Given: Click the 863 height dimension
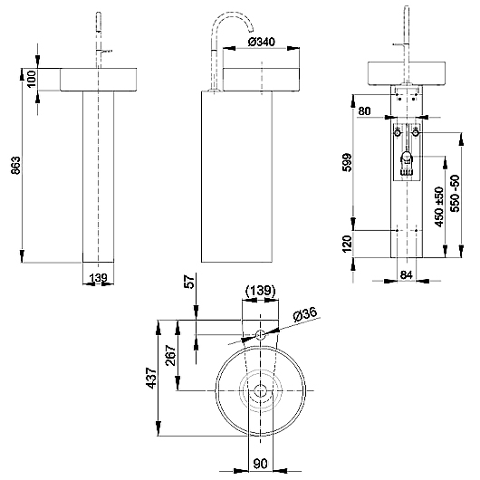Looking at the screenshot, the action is tap(15, 166).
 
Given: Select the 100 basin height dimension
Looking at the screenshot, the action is tap(32, 79).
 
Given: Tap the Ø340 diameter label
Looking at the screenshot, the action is tap(261, 42).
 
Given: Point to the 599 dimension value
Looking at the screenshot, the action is tap(347, 162).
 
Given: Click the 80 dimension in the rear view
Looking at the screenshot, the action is tap(364, 110).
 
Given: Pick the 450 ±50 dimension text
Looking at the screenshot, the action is tap(439, 206).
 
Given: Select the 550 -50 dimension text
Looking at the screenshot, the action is tap(456, 194).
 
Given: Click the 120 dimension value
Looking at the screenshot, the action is tap(347, 244).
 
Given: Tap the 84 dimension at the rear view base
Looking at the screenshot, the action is tap(407, 275).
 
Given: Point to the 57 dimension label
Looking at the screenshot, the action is tap(190, 282).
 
